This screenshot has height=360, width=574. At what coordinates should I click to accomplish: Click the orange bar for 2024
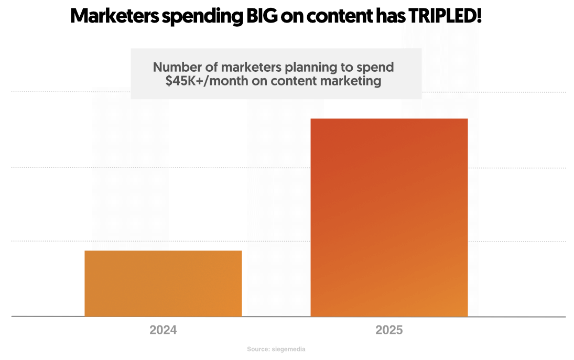163,283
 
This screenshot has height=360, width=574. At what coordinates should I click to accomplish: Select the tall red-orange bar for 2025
389,217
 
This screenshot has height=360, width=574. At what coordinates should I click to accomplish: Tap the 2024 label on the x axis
163,331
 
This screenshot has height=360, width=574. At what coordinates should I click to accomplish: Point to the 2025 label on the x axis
389,331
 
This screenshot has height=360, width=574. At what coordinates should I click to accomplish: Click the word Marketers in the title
115,16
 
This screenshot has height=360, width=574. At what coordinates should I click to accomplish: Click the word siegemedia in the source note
290,349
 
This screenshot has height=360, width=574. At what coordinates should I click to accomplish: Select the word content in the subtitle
299,82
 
